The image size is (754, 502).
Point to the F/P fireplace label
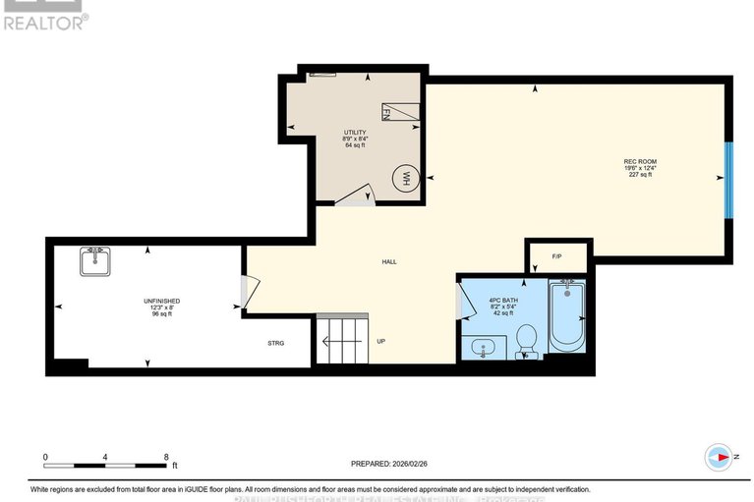tap(556, 256)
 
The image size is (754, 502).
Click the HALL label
tap(389, 261)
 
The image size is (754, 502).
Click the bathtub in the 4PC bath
tap(566, 315)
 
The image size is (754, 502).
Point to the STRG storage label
tap(276, 344)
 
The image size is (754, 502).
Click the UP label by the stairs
tap(379, 342)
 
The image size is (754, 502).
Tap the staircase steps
tap(340, 340)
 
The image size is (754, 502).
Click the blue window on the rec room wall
tap(728, 180)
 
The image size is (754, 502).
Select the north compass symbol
tap(720, 456)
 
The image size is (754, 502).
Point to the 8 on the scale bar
tap(166, 457)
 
